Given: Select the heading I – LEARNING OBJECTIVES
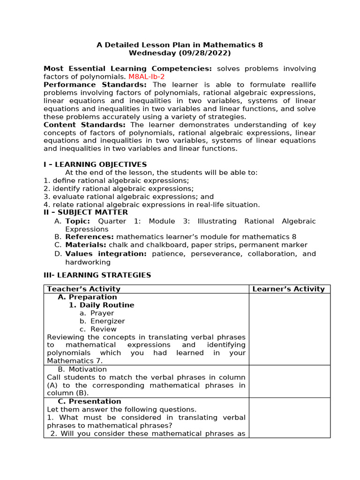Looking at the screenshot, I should click(x=95, y=165).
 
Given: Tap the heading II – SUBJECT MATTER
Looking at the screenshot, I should click(x=86, y=212).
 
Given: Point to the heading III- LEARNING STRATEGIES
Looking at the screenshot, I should click(x=97, y=275).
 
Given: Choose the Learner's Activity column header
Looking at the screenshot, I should click(x=288, y=289).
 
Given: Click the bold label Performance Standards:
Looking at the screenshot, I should click(x=95, y=85).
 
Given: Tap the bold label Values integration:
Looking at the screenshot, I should click(x=106, y=254).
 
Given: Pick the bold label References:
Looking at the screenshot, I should click(x=90, y=237).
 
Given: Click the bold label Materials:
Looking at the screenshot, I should click(x=86, y=245).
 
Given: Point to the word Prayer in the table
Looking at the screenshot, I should click(x=102, y=313).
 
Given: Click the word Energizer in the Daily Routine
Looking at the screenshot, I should click(x=108, y=321).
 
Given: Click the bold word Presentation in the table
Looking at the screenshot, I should click(x=95, y=402).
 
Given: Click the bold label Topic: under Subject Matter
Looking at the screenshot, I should click(x=78, y=221).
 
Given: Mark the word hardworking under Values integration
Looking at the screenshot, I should click(x=88, y=262).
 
